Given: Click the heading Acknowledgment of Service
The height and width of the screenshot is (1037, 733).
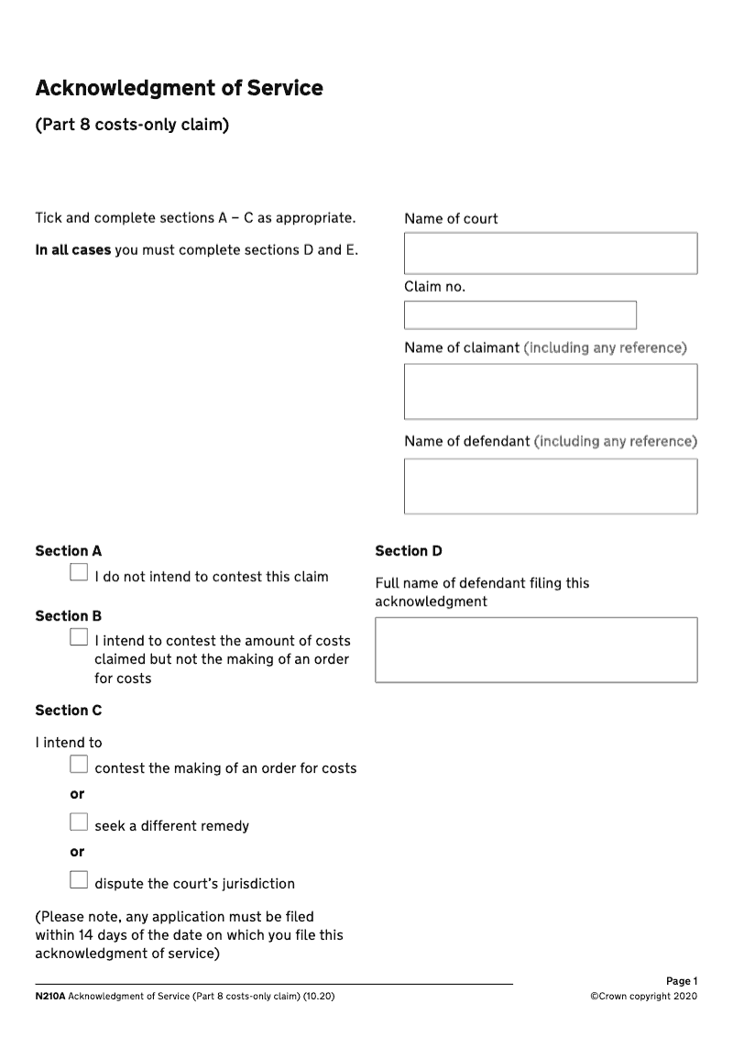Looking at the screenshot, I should (179, 88).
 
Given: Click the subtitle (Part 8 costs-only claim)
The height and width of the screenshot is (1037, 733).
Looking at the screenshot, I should (131, 124).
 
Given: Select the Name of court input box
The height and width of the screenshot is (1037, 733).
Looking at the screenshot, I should (550, 253).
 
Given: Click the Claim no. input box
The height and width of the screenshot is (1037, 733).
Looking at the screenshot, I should (520, 315).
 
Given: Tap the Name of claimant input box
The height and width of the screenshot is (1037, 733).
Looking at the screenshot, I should (550, 392).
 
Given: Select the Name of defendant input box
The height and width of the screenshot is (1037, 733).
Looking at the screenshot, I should (550, 486).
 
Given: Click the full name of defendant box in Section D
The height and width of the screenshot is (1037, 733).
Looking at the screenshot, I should (535, 649).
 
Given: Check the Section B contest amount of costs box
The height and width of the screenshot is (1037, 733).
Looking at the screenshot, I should (79, 638).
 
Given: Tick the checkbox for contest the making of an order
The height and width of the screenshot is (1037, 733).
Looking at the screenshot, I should (79, 765).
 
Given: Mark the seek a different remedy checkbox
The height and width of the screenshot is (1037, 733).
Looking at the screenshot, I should (79, 822).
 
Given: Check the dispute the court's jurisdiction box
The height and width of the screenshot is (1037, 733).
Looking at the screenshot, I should (79, 880).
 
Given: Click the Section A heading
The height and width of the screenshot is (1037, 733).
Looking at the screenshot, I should (68, 551).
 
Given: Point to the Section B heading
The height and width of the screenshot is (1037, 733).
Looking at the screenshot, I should (68, 616).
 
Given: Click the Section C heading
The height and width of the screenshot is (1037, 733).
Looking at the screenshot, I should (68, 711).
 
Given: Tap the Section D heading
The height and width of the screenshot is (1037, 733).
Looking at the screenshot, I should (408, 551).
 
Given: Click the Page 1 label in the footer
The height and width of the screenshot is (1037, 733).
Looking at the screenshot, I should (681, 981).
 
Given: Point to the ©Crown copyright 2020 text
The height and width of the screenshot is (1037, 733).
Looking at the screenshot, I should (643, 996).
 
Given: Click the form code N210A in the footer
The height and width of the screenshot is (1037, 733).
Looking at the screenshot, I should (49, 996).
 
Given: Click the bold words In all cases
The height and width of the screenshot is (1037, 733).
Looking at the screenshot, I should (72, 250).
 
